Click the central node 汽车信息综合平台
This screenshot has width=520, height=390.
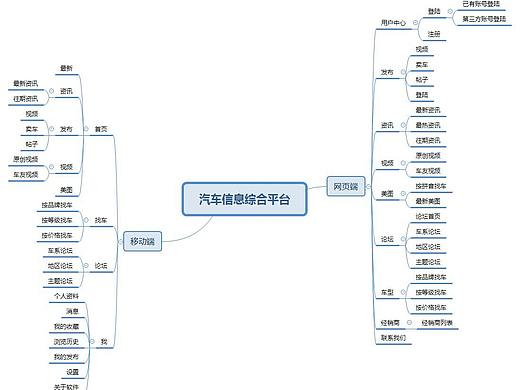coord(244,199)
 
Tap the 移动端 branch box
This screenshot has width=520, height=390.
coord(142,241)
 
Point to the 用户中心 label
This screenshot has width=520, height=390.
coord(392,22)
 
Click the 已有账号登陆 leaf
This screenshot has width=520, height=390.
coord(484,5)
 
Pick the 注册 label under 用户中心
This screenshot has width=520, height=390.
coord(434,33)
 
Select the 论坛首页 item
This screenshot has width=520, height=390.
coord(428,216)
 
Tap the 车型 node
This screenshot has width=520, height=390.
coord(387,292)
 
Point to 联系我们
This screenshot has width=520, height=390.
coord(393,338)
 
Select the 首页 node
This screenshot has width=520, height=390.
coord(101,129)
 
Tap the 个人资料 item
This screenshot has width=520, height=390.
coord(66,297)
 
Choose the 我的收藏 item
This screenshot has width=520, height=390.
coord(66,327)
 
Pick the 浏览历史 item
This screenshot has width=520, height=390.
coord(66,342)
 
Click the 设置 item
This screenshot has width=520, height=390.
coord(72,372)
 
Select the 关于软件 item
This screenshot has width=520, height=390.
coord(66,385)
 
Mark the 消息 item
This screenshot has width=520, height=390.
coord(72,312)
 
